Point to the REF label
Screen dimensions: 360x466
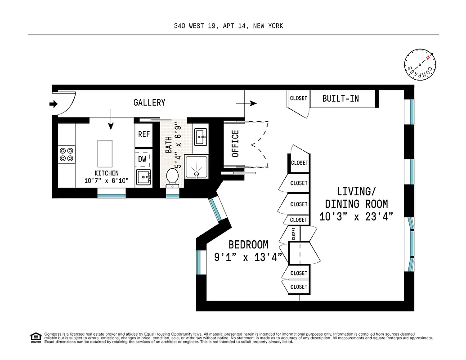pyautogui.click(x=144, y=134)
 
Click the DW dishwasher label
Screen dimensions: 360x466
pyautogui.click(x=142, y=158)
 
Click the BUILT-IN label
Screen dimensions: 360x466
pyautogui.click(x=341, y=98)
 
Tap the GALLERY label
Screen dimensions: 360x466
pyautogui.click(x=149, y=103)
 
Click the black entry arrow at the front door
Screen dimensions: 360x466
pyautogui.click(x=54, y=104)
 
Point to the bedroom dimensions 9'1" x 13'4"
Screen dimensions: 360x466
pyautogui.click(x=248, y=257)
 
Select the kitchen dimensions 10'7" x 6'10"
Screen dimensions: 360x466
pyautogui.click(x=107, y=181)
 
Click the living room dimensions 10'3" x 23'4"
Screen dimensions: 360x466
pyautogui.click(x=356, y=216)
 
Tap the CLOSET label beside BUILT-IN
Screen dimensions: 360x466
pyautogui.click(x=299, y=98)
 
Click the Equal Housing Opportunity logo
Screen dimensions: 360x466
pyautogui.click(x=35, y=337)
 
